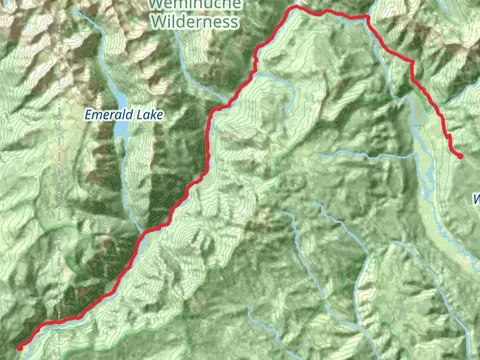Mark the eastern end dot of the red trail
tap(460, 156)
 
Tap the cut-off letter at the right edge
tap(475, 199)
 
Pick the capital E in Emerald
tap(89, 114)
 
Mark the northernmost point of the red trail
tap(296, 8)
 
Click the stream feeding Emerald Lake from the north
tap(113, 85)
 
